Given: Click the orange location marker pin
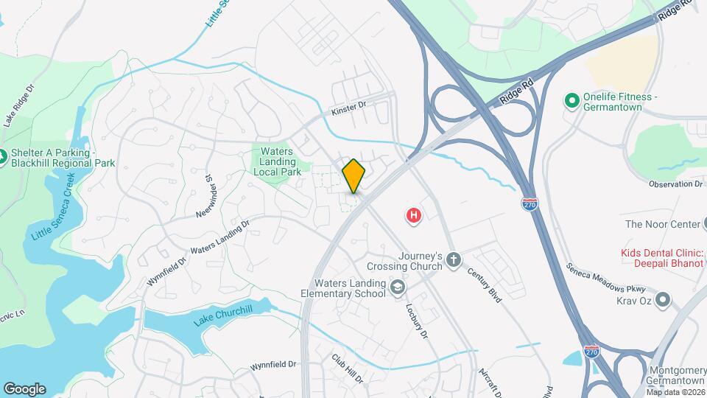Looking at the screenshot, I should pos(353,176).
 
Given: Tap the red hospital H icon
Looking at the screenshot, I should pos(415,216).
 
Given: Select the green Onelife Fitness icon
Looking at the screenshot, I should pos(571,100).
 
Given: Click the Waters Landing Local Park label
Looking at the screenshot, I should pos(277,161).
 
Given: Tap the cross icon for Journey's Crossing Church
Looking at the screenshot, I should pos(453,259).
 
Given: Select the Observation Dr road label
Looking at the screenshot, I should pos(676,184).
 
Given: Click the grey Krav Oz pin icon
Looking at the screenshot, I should pos(663,299).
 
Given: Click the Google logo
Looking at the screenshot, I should pos(24,389).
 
